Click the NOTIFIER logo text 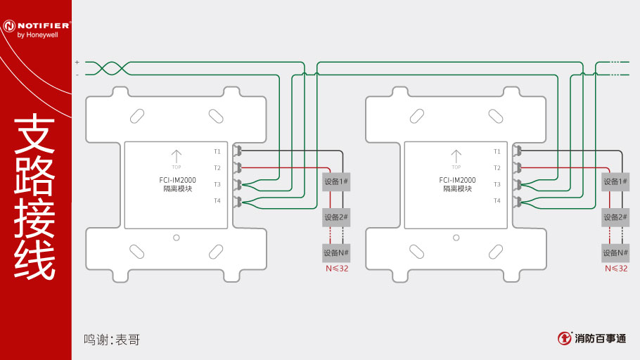tap(43, 25)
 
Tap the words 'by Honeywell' tap(37, 35)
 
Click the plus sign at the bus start tap(77, 63)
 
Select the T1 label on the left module tap(217, 151)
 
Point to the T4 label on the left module tap(217, 200)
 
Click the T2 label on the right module tap(497, 168)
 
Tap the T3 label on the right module tap(497, 184)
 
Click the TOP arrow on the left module tap(177, 157)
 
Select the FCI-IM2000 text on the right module tap(457, 180)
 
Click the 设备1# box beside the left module tap(336, 181)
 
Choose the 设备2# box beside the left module tap(336, 217)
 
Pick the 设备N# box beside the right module tap(615, 252)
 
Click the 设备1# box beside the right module tap(615, 181)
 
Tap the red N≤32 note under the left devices tap(337, 269)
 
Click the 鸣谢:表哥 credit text tap(112, 340)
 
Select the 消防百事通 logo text tap(601, 338)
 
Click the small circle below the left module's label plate tap(177, 238)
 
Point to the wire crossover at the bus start tap(113, 69)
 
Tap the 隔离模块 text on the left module tap(177, 189)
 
